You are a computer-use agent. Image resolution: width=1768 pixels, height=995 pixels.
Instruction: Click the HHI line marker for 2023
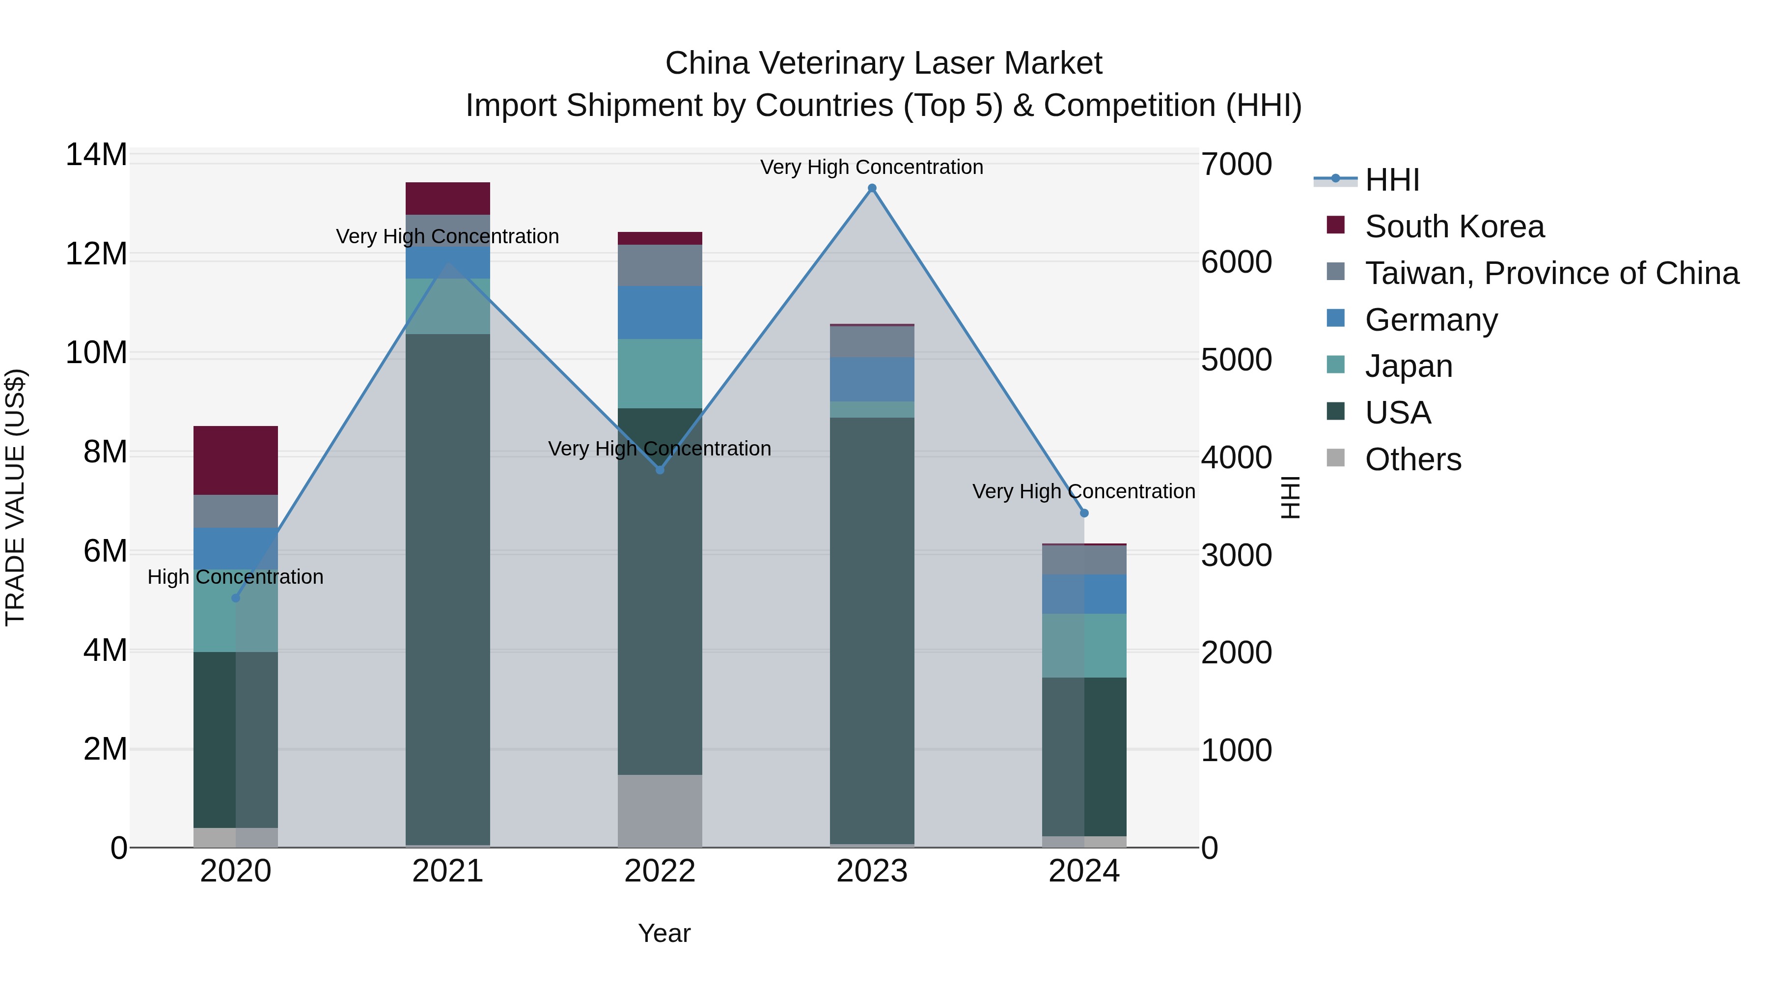coord(872,188)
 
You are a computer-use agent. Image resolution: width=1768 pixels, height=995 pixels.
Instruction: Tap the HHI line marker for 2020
coord(235,598)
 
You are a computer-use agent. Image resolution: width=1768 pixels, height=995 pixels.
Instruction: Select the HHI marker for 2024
coord(1084,513)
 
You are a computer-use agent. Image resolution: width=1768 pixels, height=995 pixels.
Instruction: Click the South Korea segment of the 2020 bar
coord(235,460)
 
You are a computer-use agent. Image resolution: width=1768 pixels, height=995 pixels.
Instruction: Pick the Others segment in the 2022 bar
coord(660,810)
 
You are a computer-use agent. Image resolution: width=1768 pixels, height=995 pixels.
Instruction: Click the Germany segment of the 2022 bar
coord(660,313)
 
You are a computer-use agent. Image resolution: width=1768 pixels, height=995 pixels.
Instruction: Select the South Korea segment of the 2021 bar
coord(447,199)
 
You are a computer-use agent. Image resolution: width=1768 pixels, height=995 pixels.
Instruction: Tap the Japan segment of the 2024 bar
coord(1084,646)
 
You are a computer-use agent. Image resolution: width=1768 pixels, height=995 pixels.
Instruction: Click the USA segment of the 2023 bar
coord(872,630)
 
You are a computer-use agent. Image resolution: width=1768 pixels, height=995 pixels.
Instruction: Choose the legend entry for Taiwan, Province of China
coord(1551,273)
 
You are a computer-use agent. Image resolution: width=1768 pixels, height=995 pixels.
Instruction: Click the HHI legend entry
coord(1391,180)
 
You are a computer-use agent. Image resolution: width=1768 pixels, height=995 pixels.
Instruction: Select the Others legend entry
coord(1412,459)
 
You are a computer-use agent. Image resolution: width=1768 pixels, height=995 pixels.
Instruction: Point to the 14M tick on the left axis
coord(96,155)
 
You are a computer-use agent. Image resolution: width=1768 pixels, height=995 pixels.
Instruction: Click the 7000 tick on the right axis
coord(1236,165)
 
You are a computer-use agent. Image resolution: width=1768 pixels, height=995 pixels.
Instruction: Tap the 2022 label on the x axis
coord(660,871)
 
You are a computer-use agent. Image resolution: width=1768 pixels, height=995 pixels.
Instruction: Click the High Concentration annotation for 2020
coord(235,577)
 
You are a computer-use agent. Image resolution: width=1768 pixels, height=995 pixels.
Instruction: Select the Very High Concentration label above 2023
coord(872,167)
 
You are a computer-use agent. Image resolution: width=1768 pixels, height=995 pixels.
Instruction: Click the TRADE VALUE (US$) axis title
coord(15,497)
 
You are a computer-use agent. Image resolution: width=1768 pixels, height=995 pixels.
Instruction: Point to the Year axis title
coord(663,933)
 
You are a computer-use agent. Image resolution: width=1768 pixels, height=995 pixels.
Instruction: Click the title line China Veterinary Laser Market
coord(884,63)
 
